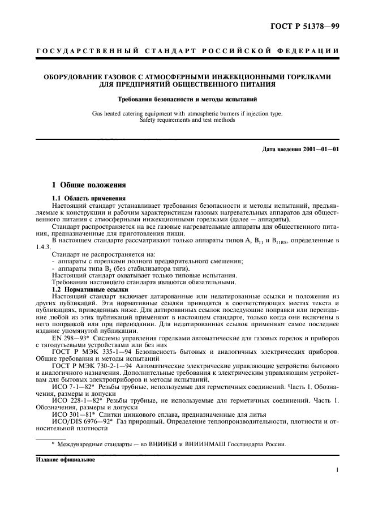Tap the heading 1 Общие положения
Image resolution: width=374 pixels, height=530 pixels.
pyautogui.click(x=85, y=185)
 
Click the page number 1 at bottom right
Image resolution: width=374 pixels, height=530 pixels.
pyautogui.click(x=337, y=469)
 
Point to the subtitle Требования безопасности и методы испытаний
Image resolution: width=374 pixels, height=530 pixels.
pyautogui.click(x=187, y=99)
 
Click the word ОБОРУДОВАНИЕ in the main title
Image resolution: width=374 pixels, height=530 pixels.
pyautogui.click(x=66, y=76)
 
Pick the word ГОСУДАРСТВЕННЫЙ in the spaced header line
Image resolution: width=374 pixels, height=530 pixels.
pyautogui.click(x=88, y=52)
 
